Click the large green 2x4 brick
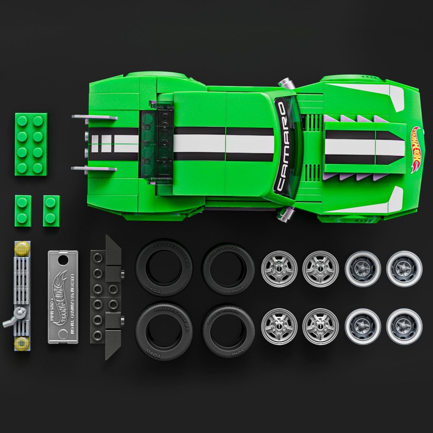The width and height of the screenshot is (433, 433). pyautogui.click(x=31, y=143)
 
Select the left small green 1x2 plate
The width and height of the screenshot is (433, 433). pyautogui.click(x=23, y=211)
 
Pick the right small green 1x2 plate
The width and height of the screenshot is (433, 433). pyautogui.click(x=51, y=211)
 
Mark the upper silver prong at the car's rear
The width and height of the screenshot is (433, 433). pyautogui.click(x=95, y=117)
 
